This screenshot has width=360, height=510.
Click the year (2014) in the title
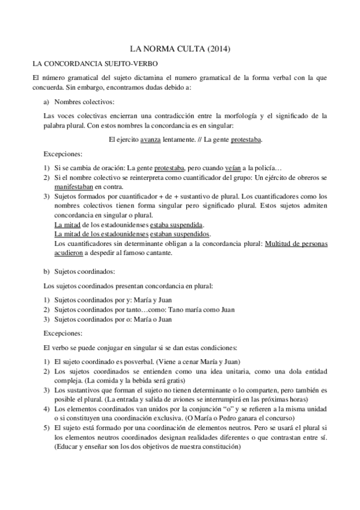218,49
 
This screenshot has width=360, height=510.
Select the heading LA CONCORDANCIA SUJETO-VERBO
95,63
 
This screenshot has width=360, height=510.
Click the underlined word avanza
151,140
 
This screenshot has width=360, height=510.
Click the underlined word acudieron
71,253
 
